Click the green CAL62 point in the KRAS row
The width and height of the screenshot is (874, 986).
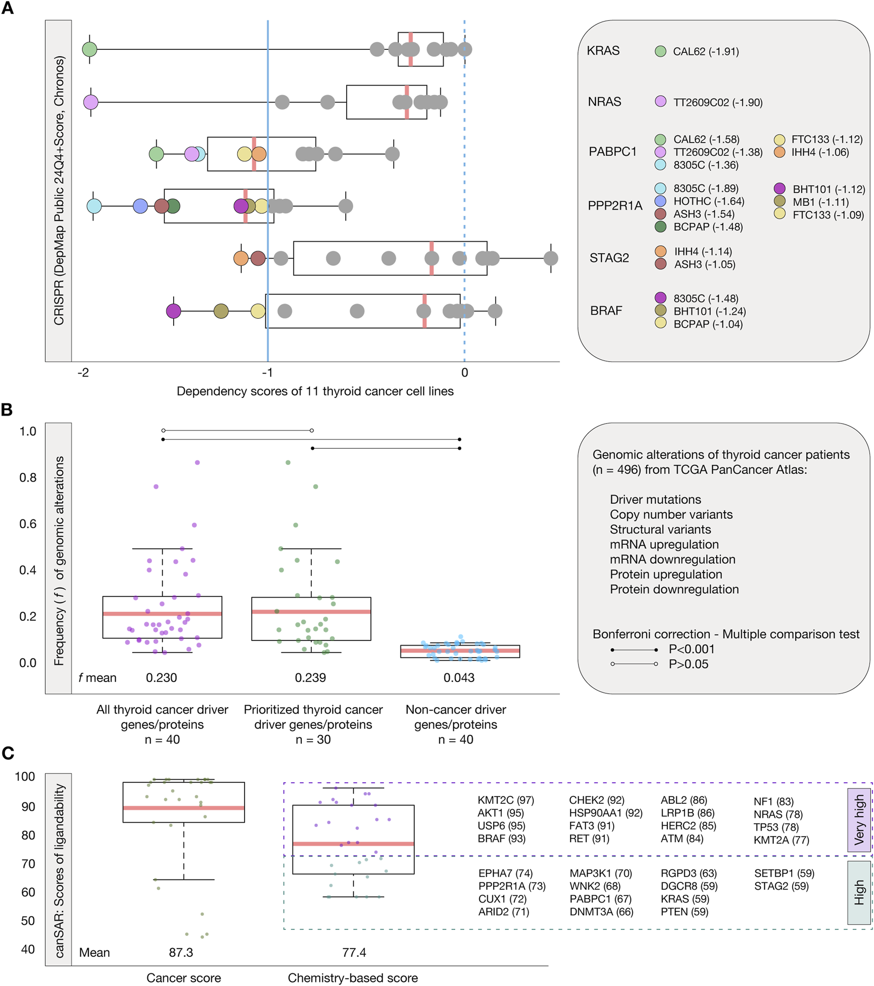[x=89, y=49]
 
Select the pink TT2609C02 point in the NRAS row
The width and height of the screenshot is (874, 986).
[x=91, y=102]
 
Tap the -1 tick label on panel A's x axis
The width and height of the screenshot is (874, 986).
[x=267, y=373]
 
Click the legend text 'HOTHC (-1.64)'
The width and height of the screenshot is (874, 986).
[x=709, y=201]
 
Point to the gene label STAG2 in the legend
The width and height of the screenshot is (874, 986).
[x=609, y=258]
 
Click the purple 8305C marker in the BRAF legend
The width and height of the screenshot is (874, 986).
[x=660, y=298]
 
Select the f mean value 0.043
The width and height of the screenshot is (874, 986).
[x=459, y=678]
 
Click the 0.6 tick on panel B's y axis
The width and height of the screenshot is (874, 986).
[x=28, y=524]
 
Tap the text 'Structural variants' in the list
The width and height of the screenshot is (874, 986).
[x=660, y=530]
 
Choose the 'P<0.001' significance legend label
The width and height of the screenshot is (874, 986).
[x=692, y=649]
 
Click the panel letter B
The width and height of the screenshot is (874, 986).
[x=7, y=409]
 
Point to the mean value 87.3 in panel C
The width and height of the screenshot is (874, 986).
[x=181, y=952]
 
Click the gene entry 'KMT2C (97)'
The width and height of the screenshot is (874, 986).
[x=506, y=800]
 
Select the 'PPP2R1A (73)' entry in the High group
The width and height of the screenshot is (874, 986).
[x=511, y=886]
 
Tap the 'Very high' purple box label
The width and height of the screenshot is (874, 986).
[x=859, y=819]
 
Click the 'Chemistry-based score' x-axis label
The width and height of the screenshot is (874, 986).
[x=353, y=978]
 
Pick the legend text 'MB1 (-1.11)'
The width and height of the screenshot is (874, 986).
[x=820, y=202]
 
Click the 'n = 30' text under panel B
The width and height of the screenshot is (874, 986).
[x=313, y=739]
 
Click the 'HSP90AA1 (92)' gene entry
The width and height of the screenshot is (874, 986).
[x=606, y=813]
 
